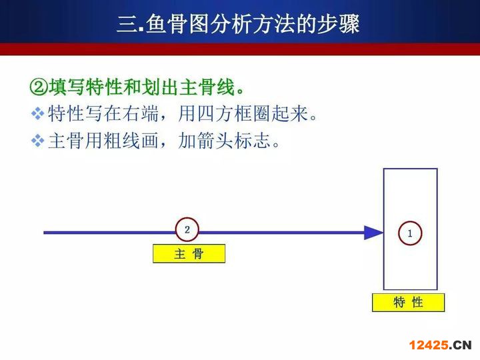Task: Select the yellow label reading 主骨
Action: (x=189, y=253)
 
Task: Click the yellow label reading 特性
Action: (x=408, y=303)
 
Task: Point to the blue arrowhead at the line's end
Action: (x=373, y=233)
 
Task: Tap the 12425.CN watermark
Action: (x=440, y=345)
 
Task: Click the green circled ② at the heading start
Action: (x=39, y=87)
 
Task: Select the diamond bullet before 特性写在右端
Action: (x=37, y=113)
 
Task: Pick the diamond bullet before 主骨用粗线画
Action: (x=37, y=141)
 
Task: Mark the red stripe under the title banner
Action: (x=240, y=49)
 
